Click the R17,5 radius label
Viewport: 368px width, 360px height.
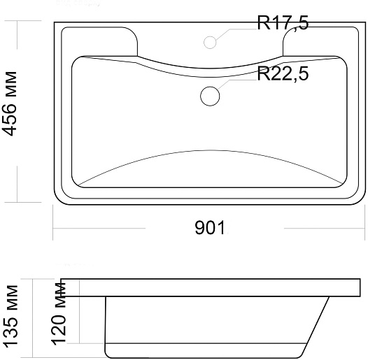[283, 23]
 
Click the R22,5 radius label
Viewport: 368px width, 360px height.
[283, 73]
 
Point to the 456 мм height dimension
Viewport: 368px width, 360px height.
[9, 103]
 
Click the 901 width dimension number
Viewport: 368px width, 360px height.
[210, 227]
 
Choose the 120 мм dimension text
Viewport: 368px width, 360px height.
[59, 314]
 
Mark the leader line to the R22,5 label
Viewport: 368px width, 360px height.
[236, 83]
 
